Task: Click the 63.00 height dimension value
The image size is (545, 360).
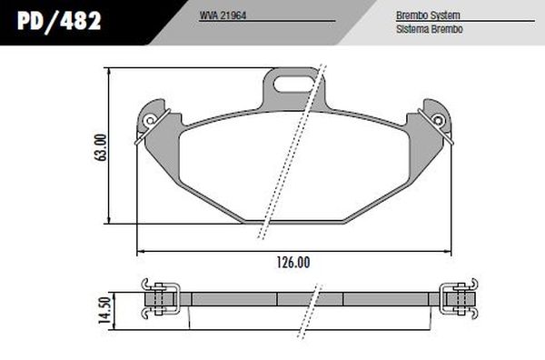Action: [101, 147]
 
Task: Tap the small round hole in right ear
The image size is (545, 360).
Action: [440, 119]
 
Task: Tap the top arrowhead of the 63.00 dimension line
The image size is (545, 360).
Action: [109, 72]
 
